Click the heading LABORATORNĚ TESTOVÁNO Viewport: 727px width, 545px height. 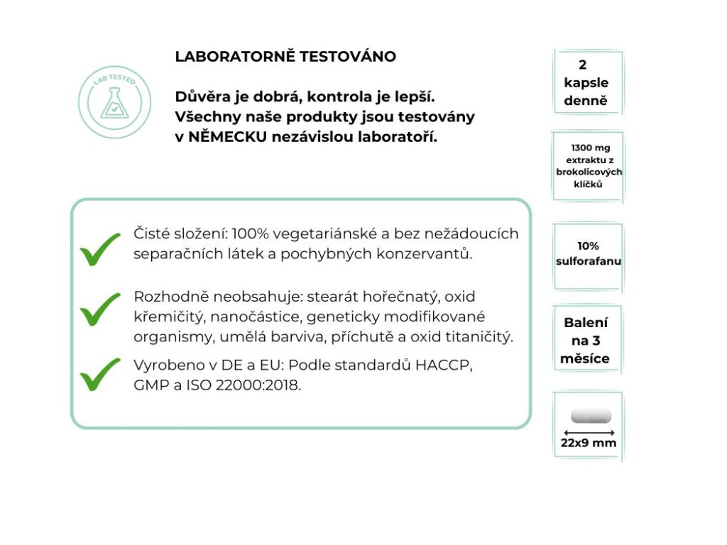click(x=285, y=57)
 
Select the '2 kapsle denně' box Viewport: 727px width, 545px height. click(x=586, y=82)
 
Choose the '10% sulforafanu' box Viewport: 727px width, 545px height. click(x=588, y=254)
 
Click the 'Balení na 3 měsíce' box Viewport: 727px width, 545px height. click(x=586, y=341)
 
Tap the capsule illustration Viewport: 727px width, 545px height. click(x=591, y=416)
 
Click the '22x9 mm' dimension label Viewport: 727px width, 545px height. click(x=589, y=444)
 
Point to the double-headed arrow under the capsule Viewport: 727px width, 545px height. click(x=588, y=431)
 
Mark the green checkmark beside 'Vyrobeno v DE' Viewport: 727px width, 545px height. click(x=99, y=374)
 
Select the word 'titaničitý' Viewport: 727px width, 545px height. click(x=476, y=337)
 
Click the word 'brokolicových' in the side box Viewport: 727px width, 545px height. click(x=589, y=172)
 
